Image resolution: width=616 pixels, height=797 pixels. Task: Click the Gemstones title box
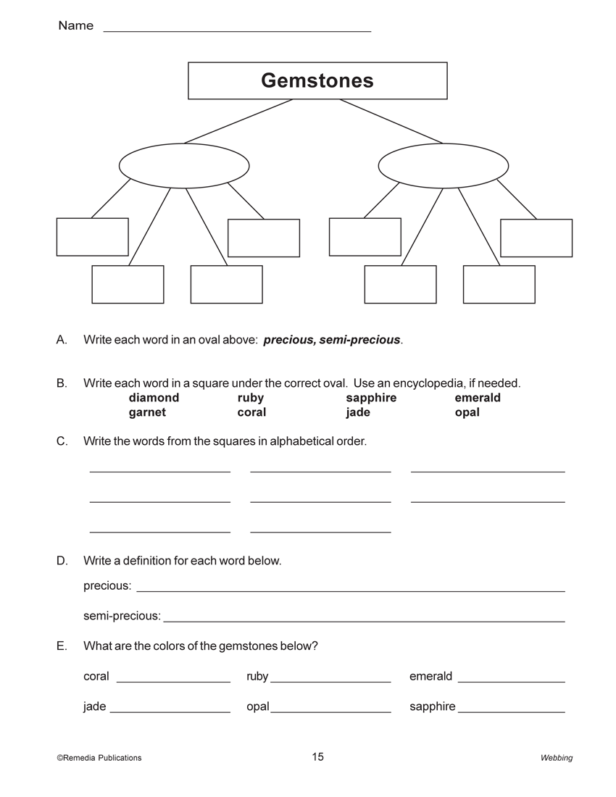point(317,80)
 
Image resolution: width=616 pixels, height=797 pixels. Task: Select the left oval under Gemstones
point(184,166)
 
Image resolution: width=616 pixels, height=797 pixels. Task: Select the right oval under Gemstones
point(444,166)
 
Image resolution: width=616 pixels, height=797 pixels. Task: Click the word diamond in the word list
point(154,398)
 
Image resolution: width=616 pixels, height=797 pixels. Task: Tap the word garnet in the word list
point(147,412)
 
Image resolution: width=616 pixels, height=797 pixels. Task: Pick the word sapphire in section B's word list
point(371,398)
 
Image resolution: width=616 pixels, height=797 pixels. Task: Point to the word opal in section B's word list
point(467,412)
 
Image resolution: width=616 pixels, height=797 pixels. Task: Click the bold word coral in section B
point(251,412)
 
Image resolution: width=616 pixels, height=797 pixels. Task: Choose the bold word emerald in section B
point(478,398)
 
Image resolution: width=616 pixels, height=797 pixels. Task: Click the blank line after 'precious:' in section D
point(351,590)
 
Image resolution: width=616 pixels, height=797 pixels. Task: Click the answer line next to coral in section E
point(173,681)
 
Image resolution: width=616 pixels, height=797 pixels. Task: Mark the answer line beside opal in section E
point(330,712)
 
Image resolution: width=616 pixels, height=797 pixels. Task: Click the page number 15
point(318,757)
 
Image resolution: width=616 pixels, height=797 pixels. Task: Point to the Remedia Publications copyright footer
point(99,758)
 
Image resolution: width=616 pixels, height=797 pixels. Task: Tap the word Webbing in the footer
point(556,758)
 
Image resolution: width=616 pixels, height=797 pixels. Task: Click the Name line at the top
point(237,30)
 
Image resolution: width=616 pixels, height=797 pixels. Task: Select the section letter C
point(62,441)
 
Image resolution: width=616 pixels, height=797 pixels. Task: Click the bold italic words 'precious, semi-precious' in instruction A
point(332,340)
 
